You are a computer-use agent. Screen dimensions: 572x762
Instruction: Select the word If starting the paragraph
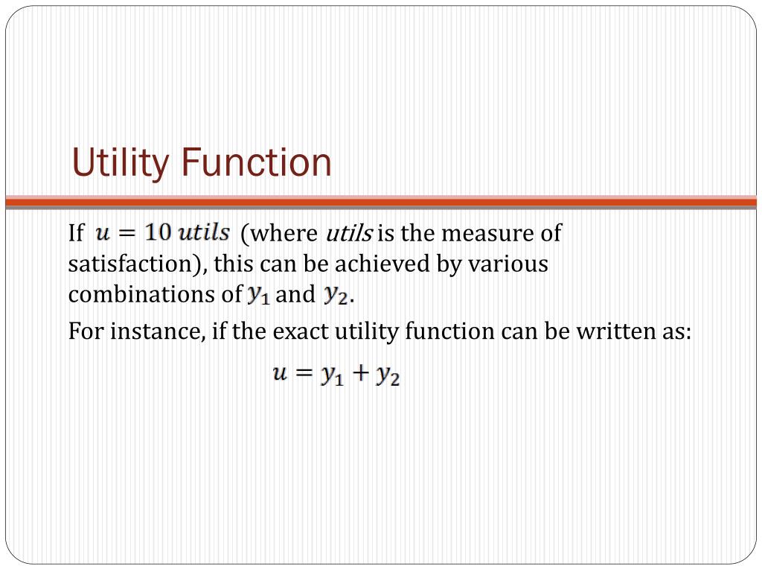pyautogui.click(x=76, y=234)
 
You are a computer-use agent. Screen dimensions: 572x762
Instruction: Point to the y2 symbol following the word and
pyautogui.click(x=336, y=296)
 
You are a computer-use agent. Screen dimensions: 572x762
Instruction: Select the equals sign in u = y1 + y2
pyautogui.click(x=304, y=375)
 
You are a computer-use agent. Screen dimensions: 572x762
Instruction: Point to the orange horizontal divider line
pyautogui.click(x=381, y=201)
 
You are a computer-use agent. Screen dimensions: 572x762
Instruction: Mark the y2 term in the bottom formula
pyautogui.click(x=387, y=376)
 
